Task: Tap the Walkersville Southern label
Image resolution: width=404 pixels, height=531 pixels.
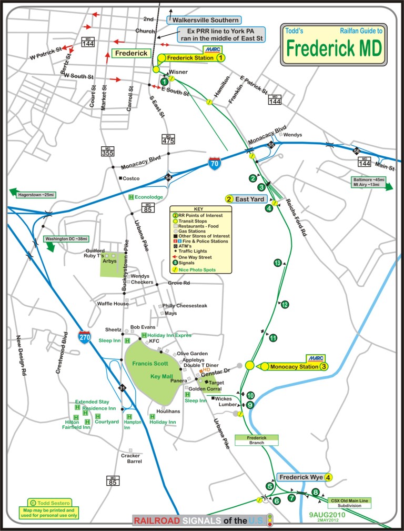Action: tap(203, 20)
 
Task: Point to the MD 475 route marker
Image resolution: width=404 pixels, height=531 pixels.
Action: tap(168, 139)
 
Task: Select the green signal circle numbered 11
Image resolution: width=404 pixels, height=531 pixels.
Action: tap(273, 338)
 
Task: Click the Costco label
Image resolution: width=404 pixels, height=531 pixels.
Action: tap(132, 179)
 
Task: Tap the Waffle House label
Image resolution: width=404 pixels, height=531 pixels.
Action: tap(113, 304)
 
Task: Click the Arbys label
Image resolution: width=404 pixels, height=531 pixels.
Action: tap(109, 260)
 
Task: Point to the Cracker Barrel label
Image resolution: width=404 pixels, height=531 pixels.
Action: tap(130, 458)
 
